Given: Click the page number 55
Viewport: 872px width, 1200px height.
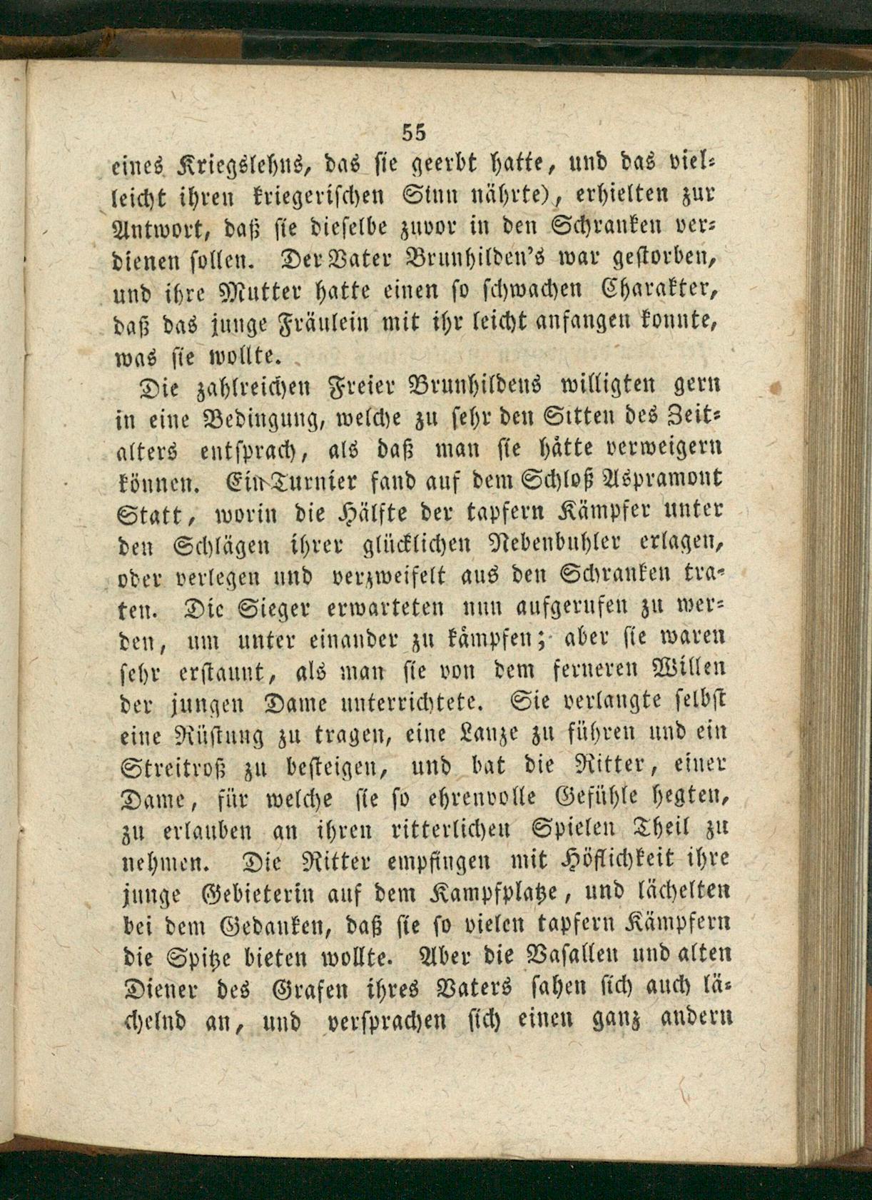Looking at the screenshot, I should (414, 132).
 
